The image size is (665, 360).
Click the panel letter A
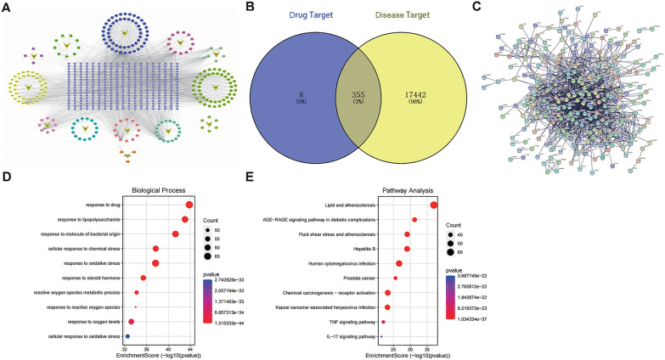(x=6, y=7)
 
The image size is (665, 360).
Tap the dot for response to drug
(x=189, y=205)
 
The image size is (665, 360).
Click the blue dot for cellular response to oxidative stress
(x=127, y=337)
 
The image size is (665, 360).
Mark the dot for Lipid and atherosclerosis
(x=434, y=205)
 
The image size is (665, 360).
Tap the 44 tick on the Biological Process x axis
(x=189, y=349)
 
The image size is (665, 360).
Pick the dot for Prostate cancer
(x=395, y=278)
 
